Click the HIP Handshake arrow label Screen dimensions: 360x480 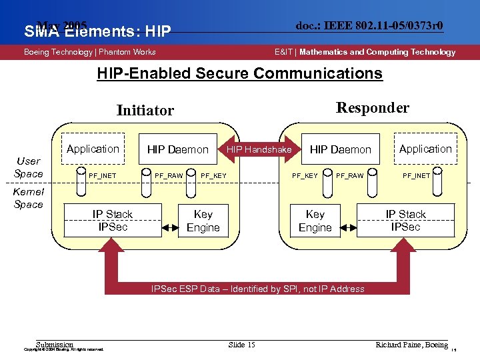pyautogui.click(x=259, y=150)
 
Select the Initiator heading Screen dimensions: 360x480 pyautogui.click(x=145, y=111)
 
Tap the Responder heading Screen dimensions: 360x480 pyautogui.click(x=373, y=108)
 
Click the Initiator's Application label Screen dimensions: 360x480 pyautogui.click(x=93, y=149)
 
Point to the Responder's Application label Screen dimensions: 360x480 pyautogui.click(x=425, y=149)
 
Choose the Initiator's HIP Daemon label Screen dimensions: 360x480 pyautogui.click(x=177, y=150)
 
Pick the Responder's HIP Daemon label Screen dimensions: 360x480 pyautogui.click(x=340, y=150)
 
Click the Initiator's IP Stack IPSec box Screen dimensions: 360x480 pyautogui.click(x=112, y=221)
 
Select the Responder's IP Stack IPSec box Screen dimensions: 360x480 pyautogui.click(x=405, y=221)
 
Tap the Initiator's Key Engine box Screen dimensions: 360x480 pyautogui.click(x=203, y=221)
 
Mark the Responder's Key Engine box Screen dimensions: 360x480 pyautogui.click(x=315, y=221)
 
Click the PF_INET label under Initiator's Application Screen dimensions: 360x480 pyautogui.click(x=103, y=176)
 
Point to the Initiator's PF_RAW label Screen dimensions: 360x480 pyautogui.click(x=169, y=176)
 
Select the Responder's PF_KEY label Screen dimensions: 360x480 pyautogui.click(x=305, y=176)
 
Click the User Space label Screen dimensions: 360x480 pyautogui.click(x=29, y=167)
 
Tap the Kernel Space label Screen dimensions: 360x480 pyautogui.click(x=29, y=198)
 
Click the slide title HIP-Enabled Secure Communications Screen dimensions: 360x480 pyautogui.click(x=239, y=73)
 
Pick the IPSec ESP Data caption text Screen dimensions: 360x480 pyautogui.click(x=257, y=289)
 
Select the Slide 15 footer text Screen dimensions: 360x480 pyautogui.click(x=241, y=345)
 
